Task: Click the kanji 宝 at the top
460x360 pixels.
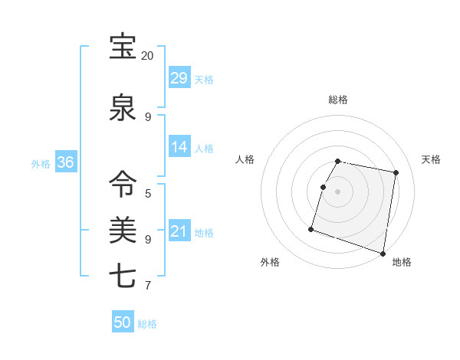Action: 122,47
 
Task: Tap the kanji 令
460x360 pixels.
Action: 122,184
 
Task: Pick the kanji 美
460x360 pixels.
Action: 122,229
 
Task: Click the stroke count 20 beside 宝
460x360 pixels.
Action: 147,56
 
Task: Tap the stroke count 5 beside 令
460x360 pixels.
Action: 147,193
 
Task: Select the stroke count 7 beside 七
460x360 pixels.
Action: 147,286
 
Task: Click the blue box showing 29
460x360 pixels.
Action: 179,78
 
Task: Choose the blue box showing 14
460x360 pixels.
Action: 179,147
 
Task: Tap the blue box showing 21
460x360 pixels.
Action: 179,231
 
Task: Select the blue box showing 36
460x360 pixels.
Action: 65,162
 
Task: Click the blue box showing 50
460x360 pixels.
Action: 123,322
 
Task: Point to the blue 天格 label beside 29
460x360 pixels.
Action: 204,80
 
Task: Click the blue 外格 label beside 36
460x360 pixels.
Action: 41,163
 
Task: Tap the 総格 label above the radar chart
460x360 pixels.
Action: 338,100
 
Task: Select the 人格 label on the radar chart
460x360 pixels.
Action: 245,159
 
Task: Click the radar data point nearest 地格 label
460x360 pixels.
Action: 383,253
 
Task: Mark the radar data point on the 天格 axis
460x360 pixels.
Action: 396,173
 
